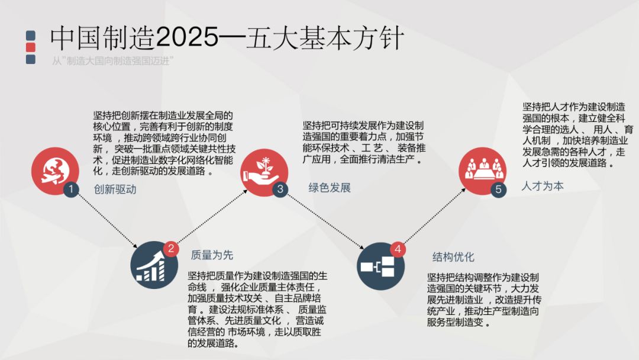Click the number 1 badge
pyautogui.click(x=72, y=190)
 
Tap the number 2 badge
pyautogui.click(x=171, y=249)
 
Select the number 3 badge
pyautogui.click(x=280, y=189)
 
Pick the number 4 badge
pyautogui.click(x=398, y=250)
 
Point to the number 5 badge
pyautogui.click(x=498, y=190)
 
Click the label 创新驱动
pyautogui.click(x=115, y=189)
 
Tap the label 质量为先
pyautogui.click(x=212, y=255)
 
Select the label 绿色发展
pyautogui.click(x=330, y=188)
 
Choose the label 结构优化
pyautogui.click(x=453, y=257)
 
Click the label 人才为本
pyautogui.click(x=543, y=186)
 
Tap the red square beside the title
pyautogui.click(x=31, y=47)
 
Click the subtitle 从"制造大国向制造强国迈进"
pyautogui.click(x=112, y=60)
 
